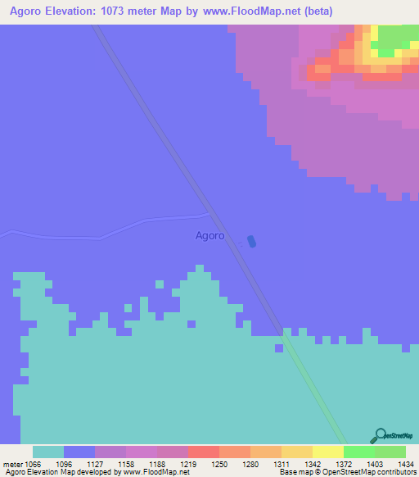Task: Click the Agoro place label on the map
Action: click(209, 236)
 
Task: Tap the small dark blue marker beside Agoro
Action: click(251, 241)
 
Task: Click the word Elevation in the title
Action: click(92, 11)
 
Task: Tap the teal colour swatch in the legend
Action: click(48, 452)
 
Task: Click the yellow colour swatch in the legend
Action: click(328, 452)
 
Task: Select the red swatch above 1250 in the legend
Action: click(204, 452)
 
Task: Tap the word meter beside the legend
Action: click(12, 463)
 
